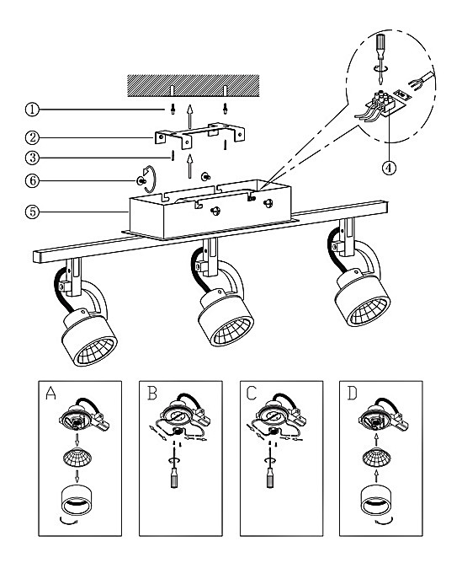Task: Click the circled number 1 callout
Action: tap(32, 109)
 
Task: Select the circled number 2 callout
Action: tap(32, 137)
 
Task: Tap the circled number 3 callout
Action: tap(32, 158)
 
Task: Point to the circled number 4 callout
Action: tap(389, 168)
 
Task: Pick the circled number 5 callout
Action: tap(32, 212)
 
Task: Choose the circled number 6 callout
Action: tap(32, 180)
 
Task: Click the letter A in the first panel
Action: tap(50, 393)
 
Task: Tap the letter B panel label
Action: tap(152, 393)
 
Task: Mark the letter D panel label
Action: tap(352, 393)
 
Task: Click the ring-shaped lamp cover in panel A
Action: tap(77, 501)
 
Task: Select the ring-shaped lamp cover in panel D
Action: tap(376, 501)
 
